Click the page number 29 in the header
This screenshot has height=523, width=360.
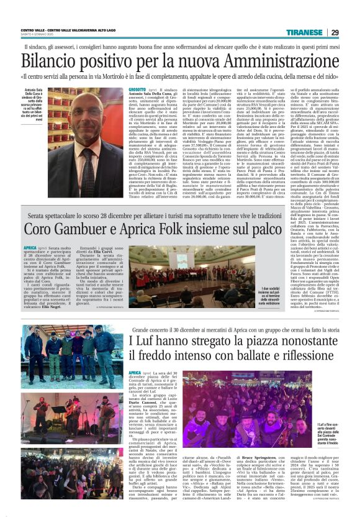[334, 33]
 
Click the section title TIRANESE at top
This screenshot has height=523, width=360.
[304, 33]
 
